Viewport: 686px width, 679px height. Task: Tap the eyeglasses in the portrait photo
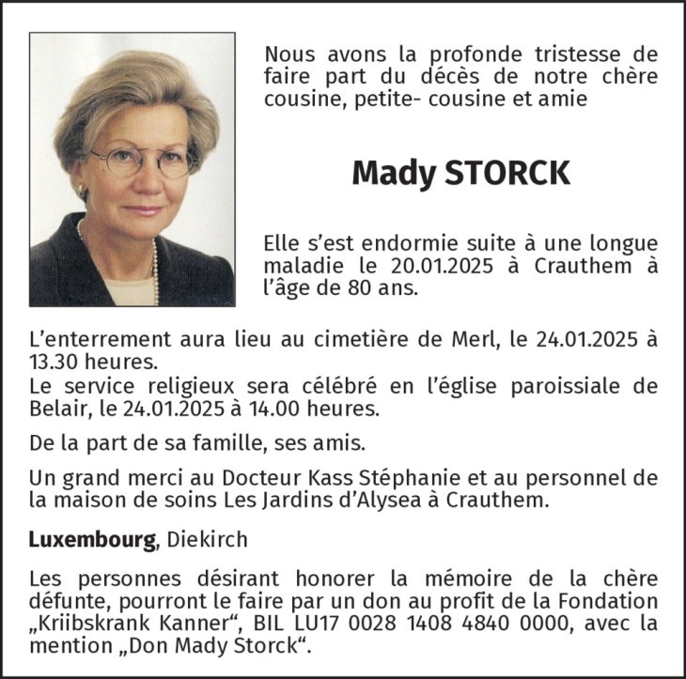point(141,161)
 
